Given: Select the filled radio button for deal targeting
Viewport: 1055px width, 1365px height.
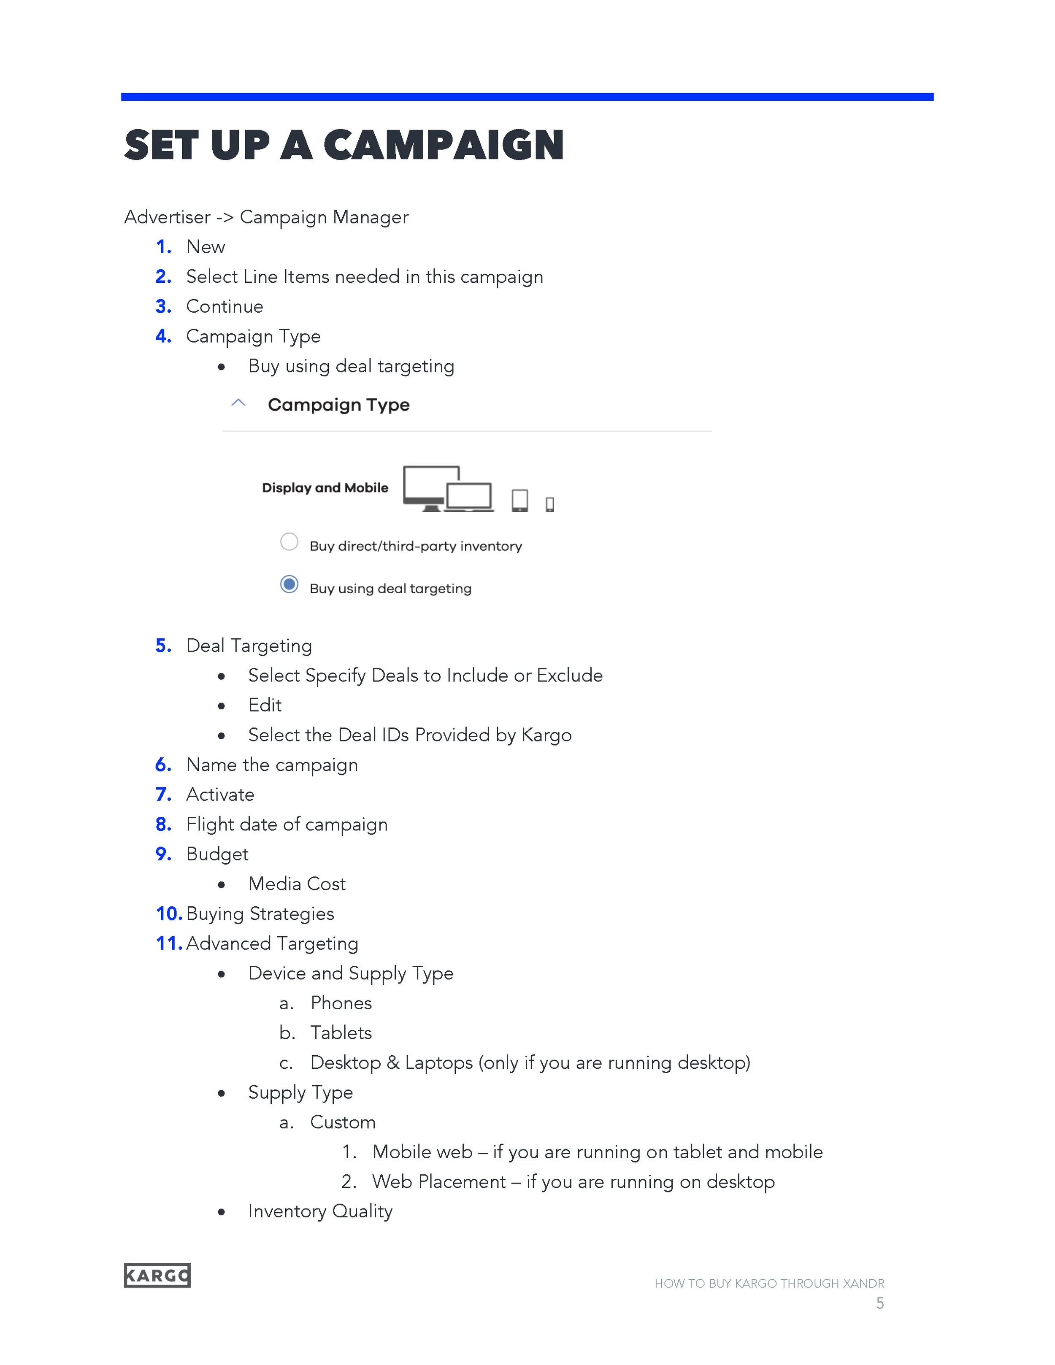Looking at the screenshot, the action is (289, 584).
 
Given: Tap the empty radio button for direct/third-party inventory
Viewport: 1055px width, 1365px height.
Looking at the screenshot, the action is (289, 542).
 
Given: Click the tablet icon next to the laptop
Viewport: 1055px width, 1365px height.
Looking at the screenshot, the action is (519, 500).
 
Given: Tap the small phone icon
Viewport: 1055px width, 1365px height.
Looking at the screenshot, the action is (550, 504).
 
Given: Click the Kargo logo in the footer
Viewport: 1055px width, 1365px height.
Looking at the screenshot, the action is (157, 1275).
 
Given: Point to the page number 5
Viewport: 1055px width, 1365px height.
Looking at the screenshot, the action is (880, 1303).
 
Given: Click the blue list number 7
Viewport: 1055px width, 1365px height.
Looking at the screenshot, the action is (163, 795).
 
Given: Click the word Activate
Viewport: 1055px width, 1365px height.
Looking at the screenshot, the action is (220, 795).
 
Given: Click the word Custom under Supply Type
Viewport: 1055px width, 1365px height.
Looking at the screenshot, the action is (343, 1122).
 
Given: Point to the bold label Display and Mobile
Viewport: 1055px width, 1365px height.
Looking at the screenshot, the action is (325, 487).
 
